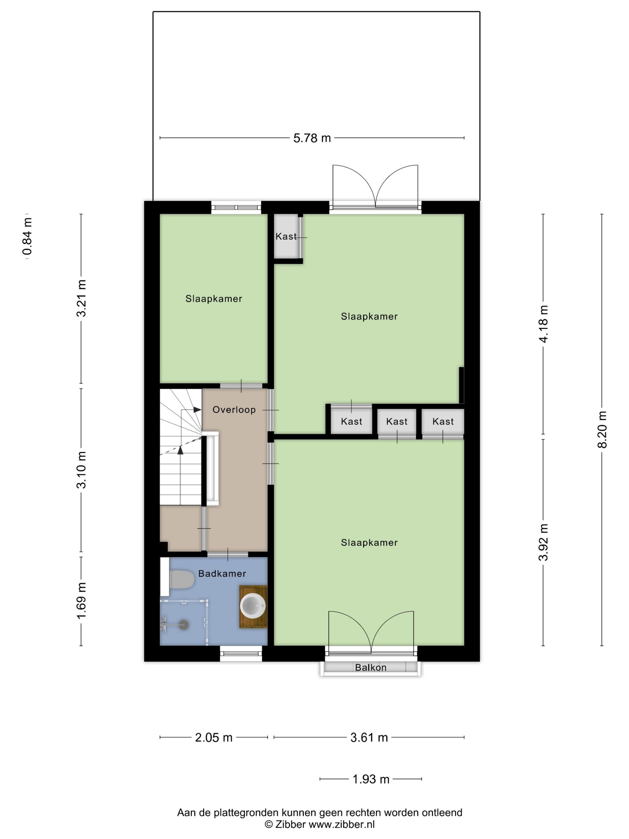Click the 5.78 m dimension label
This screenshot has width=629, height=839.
(x=312, y=138)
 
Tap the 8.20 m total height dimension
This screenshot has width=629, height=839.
(x=602, y=429)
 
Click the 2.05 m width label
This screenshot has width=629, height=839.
(x=214, y=737)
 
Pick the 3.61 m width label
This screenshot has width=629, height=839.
(x=369, y=737)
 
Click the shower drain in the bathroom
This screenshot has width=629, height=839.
(x=184, y=625)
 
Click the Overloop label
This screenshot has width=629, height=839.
(x=234, y=410)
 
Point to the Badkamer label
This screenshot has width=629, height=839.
(x=222, y=574)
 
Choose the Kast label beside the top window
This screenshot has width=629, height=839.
(x=286, y=236)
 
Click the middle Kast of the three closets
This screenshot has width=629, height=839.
(x=397, y=421)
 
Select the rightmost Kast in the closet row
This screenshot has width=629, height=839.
(x=443, y=421)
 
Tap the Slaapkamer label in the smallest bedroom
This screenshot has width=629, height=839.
(x=214, y=298)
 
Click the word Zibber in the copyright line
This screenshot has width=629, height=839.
(x=290, y=824)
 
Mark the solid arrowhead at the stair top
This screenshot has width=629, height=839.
(x=197, y=410)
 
